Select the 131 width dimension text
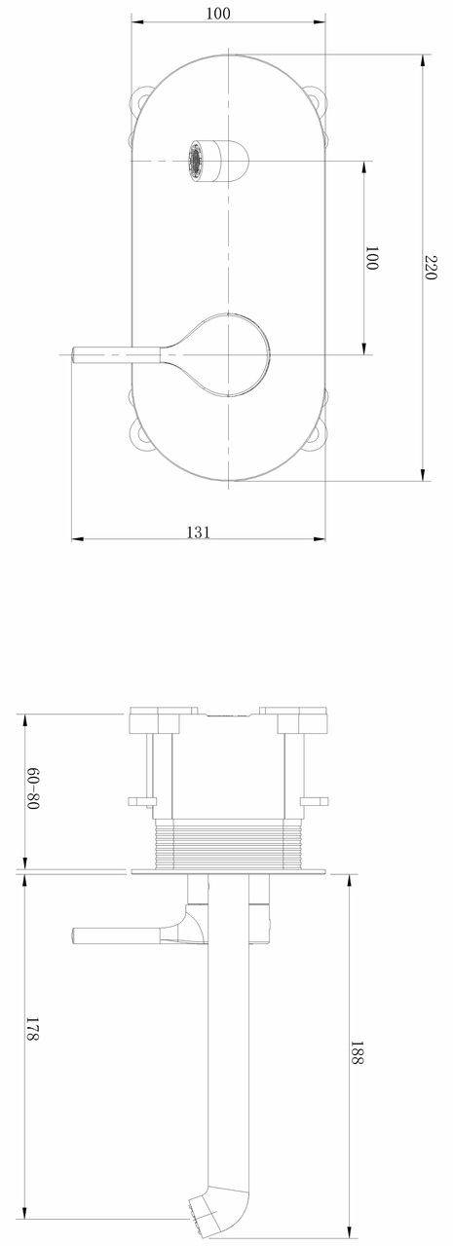pos(199,531)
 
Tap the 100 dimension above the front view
pos(219,14)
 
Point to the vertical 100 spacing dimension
pos(371,258)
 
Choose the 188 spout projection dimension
pos(356,1054)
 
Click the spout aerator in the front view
pos(198,161)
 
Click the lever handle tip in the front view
pos(82,355)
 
